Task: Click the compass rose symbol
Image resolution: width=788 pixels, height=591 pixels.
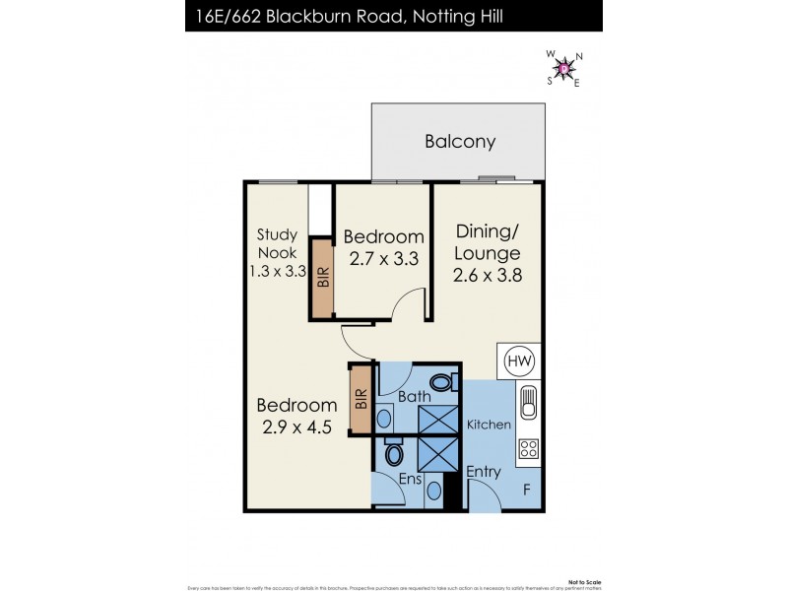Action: click(x=563, y=68)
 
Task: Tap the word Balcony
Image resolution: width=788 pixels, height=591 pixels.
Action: click(x=460, y=142)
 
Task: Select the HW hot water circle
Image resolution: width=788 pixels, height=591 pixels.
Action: click(x=519, y=361)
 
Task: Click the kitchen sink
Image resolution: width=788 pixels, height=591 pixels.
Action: click(x=528, y=405)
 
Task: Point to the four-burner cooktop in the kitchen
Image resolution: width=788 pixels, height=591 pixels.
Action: click(x=528, y=449)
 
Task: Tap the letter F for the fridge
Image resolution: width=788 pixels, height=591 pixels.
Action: click(x=526, y=489)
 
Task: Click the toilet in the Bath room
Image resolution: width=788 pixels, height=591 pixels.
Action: click(x=443, y=381)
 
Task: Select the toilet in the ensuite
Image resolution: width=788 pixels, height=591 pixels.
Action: click(x=394, y=454)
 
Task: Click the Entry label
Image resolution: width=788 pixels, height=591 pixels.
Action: click(x=484, y=472)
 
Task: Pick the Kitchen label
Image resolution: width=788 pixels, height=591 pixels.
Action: click(x=490, y=425)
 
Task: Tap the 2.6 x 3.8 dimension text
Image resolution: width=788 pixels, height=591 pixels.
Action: click(x=487, y=275)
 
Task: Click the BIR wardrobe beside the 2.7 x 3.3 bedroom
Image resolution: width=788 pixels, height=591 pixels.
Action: click(x=322, y=279)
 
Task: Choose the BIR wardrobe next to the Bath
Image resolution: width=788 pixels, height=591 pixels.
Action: click(x=361, y=399)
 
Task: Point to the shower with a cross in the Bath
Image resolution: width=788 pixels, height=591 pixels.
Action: click(x=438, y=417)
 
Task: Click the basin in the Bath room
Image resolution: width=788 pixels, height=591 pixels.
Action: click(x=384, y=418)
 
